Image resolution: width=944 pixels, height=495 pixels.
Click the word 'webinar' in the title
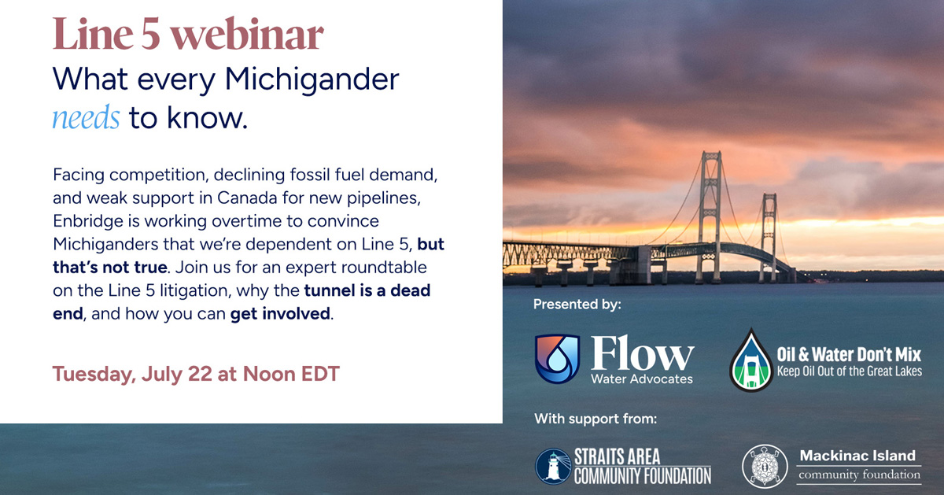click(x=246, y=34)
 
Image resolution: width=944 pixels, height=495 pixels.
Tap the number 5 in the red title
click(x=150, y=35)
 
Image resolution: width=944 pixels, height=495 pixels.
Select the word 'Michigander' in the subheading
click(x=312, y=80)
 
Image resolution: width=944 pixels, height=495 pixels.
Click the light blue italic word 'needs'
click(x=86, y=117)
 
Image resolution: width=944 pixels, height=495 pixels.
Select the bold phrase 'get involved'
click(x=280, y=314)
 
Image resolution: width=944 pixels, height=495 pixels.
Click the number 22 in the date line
click(x=200, y=374)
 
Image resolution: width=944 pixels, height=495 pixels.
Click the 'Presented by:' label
click(x=577, y=305)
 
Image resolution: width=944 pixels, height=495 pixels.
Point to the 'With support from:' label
click(x=596, y=419)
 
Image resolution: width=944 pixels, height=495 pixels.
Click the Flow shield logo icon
click(x=557, y=359)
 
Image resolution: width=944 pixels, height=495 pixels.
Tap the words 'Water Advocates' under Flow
click(x=642, y=379)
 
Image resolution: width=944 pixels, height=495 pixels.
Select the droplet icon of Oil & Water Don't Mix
click(x=751, y=360)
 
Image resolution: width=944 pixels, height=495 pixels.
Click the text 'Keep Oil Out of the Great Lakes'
click(x=850, y=371)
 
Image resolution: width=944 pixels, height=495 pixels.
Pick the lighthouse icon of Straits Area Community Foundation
click(x=553, y=467)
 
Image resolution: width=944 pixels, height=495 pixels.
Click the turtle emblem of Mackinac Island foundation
click(x=765, y=467)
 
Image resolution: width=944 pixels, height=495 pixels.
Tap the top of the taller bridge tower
click(x=711, y=153)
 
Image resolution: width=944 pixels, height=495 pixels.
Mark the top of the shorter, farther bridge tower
click(x=769, y=195)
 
